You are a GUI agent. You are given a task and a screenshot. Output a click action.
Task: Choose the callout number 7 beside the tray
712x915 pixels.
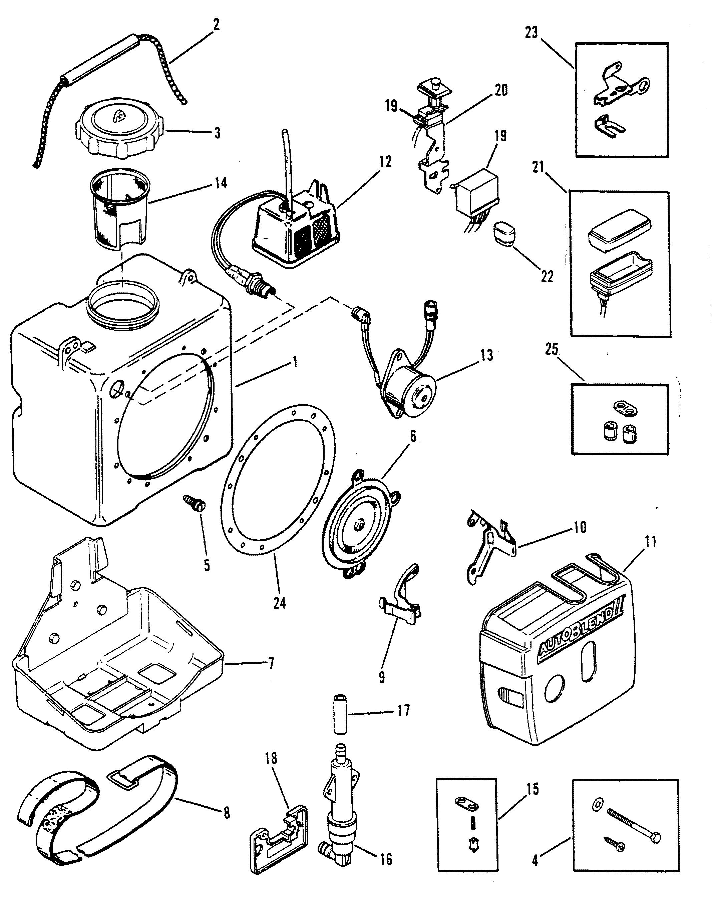pyautogui.click(x=271, y=663)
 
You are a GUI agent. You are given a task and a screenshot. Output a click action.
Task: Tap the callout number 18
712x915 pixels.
pyautogui.click(x=271, y=758)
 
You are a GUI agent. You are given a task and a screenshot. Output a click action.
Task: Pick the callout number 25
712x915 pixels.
pyautogui.click(x=552, y=350)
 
